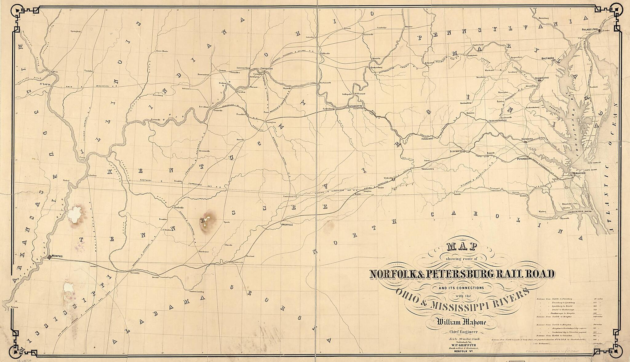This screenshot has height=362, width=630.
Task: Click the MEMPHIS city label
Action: coord(58,256)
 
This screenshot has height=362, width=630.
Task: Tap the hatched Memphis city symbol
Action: coord(49,257)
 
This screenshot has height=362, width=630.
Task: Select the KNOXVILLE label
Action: coord(287,225)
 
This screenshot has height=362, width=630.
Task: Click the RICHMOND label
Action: coord(527,139)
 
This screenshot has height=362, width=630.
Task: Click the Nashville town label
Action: coord(179,208)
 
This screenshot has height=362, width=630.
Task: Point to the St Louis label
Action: coord(45,83)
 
